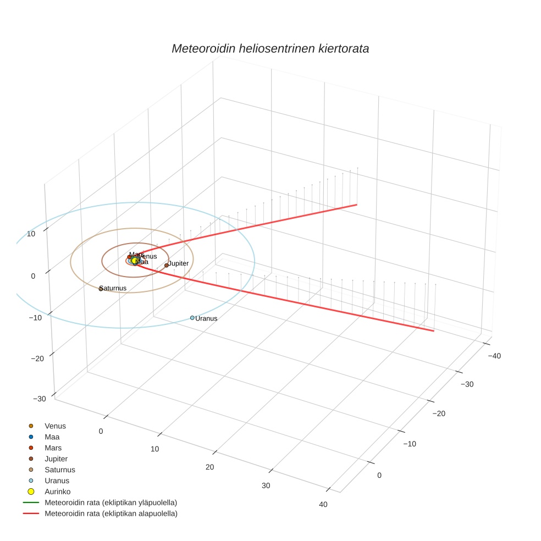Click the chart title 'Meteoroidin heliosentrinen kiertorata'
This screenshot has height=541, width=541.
(x=270, y=48)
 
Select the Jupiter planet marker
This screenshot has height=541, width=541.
(x=166, y=266)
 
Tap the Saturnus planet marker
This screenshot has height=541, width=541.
(x=101, y=289)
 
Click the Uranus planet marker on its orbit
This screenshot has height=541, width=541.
(x=192, y=318)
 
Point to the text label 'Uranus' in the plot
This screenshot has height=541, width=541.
(x=207, y=318)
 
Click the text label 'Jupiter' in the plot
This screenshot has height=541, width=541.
(x=178, y=263)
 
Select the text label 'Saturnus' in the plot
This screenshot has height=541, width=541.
(x=114, y=288)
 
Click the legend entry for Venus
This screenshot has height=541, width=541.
(x=55, y=426)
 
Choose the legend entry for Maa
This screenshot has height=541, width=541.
(x=52, y=437)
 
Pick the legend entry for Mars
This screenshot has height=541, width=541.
(x=53, y=448)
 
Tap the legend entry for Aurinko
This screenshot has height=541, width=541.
(x=57, y=492)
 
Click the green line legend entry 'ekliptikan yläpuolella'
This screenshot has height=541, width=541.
(x=111, y=503)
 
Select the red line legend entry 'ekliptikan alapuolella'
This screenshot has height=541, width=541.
(x=111, y=514)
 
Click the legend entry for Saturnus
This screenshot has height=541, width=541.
(x=59, y=470)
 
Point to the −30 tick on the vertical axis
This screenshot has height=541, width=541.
(x=39, y=399)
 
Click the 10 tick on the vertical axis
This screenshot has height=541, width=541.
(x=31, y=234)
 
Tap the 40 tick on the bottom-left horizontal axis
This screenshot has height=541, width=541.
(x=323, y=505)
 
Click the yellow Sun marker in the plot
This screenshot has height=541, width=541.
(x=134, y=261)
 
